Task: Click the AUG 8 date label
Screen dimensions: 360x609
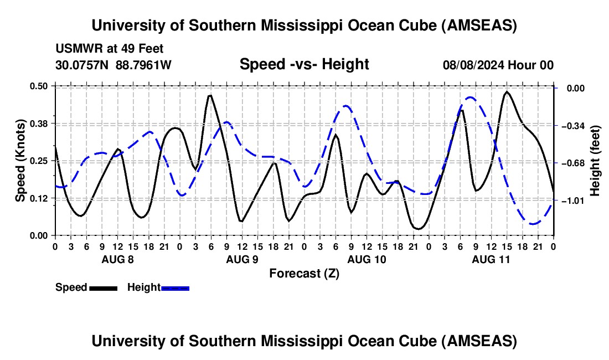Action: point(117,259)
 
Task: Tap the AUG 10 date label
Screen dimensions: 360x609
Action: point(367,259)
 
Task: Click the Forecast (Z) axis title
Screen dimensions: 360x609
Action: point(304,274)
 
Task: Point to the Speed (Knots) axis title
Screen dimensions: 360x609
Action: point(20,161)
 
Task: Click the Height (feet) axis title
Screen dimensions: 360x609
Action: point(595,161)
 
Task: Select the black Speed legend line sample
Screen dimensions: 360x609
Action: point(103,287)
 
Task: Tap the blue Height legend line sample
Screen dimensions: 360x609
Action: point(175,287)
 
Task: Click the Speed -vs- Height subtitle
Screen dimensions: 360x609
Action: point(304,64)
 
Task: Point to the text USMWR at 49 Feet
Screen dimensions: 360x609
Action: point(109,49)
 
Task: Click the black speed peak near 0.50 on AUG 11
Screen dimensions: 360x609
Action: point(507,92)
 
